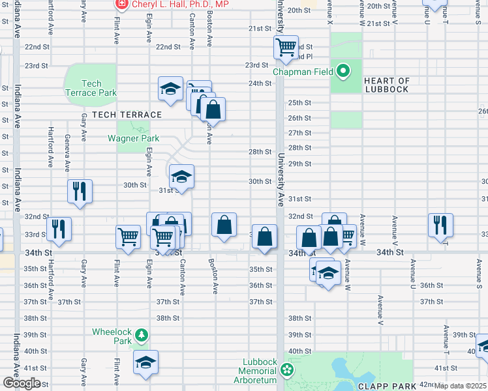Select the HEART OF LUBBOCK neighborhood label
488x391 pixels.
[x=387, y=85]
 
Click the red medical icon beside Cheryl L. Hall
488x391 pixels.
[x=121, y=5]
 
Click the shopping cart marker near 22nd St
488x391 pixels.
[x=286, y=48]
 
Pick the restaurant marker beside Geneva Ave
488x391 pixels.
[x=80, y=191]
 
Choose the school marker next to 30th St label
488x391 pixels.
[x=181, y=177]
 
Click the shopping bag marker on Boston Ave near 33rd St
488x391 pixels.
[x=224, y=225]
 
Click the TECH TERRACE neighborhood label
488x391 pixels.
[x=127, y=115]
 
